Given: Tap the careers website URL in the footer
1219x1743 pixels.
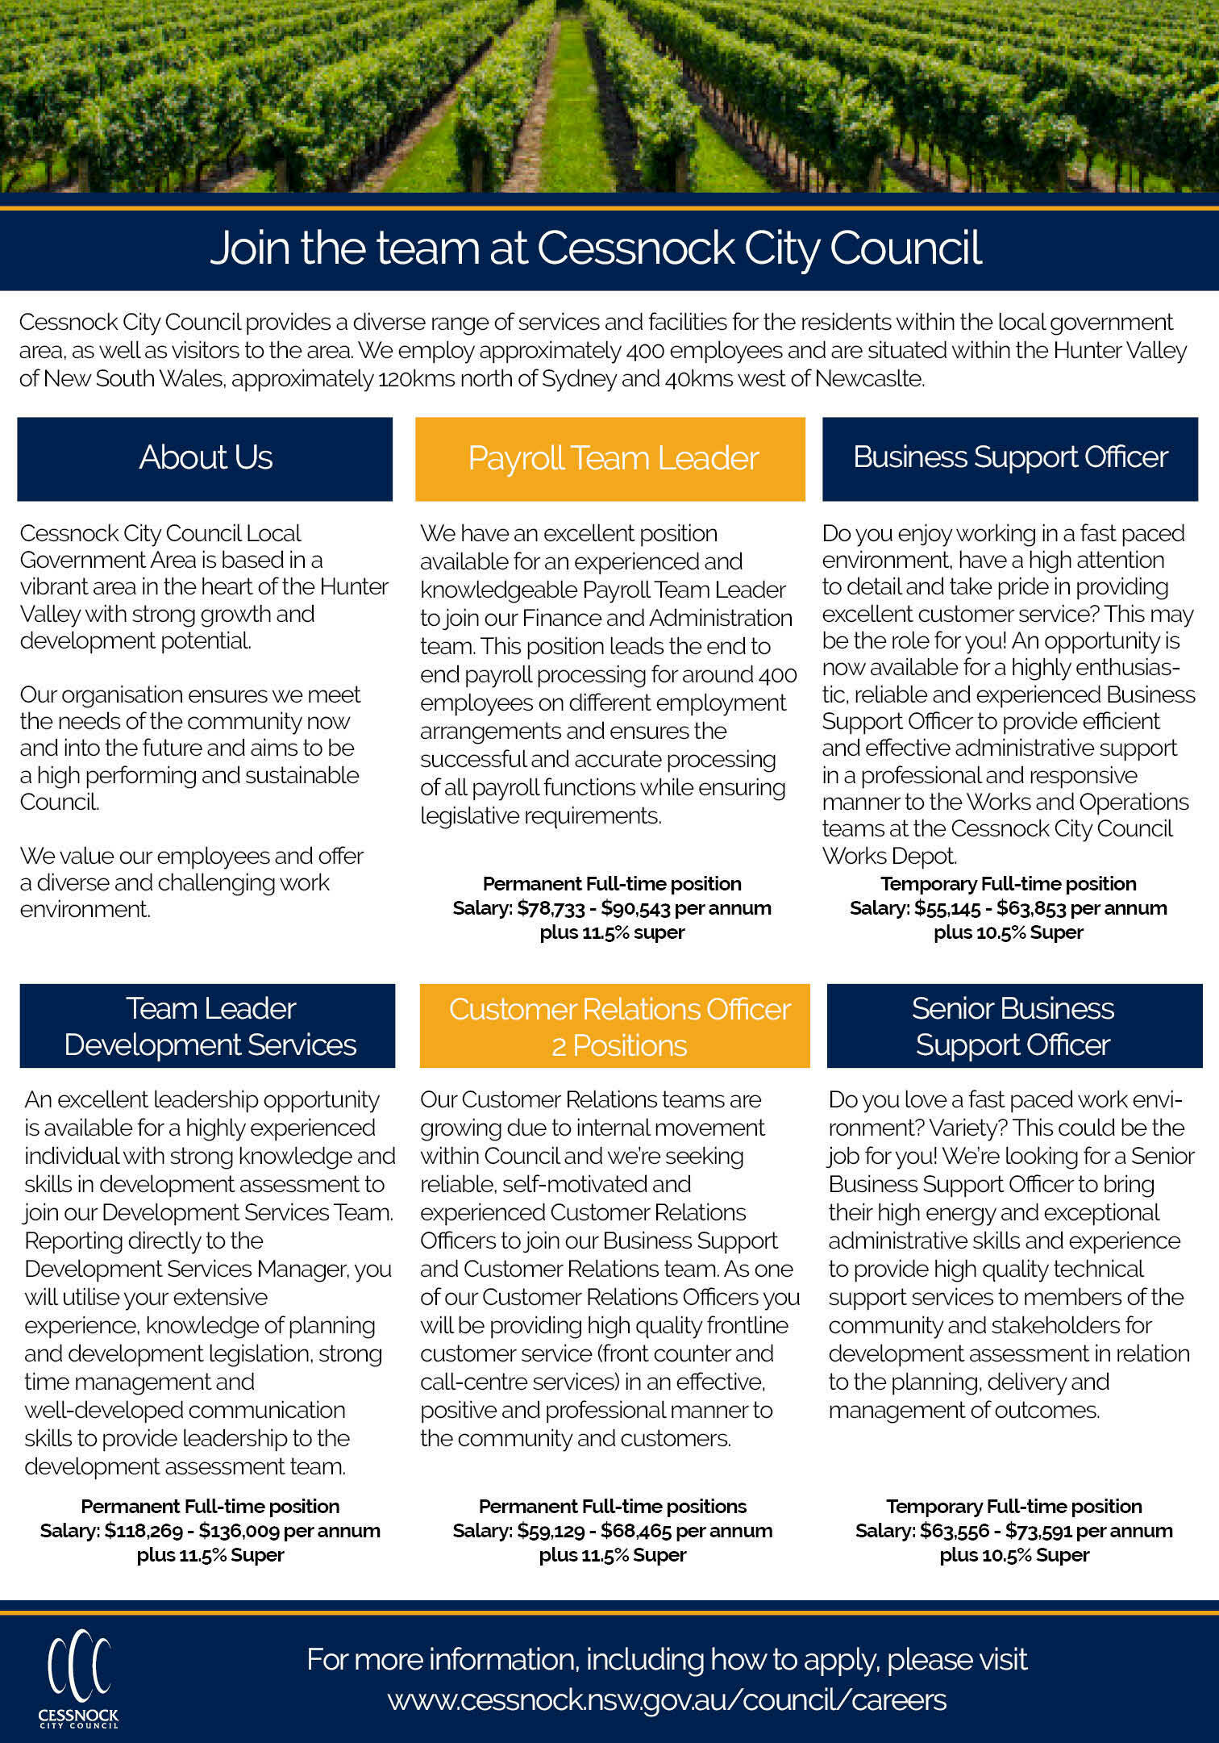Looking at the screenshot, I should [667, 1699].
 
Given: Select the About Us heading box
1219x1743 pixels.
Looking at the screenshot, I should [205, 458].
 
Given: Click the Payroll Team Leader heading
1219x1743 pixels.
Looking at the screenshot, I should [610, 458].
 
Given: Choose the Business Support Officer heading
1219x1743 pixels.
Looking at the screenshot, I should [1010, 457].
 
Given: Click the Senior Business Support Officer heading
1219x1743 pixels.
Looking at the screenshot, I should [1013, 1026].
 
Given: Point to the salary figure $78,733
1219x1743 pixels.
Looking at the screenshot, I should [551, 908].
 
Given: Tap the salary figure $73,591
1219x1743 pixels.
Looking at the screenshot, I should [1037, 1531].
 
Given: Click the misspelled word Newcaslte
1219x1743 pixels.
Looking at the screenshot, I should [869, 379].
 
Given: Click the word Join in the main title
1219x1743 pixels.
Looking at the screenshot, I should [250, 248].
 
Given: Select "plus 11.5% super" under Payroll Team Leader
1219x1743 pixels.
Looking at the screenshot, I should [612, 932].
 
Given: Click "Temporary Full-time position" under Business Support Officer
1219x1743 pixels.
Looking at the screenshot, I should [1009, 884].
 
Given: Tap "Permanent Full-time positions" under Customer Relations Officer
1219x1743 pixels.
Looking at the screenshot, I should [613, 1507].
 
